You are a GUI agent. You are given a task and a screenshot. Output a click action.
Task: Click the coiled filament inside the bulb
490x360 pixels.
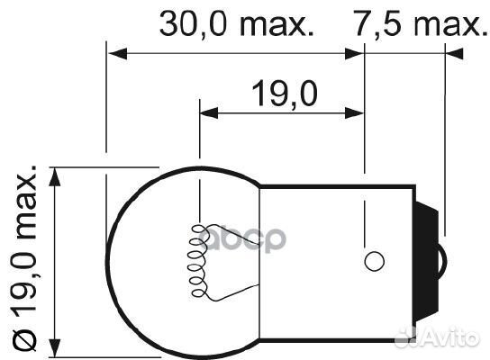195,262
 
